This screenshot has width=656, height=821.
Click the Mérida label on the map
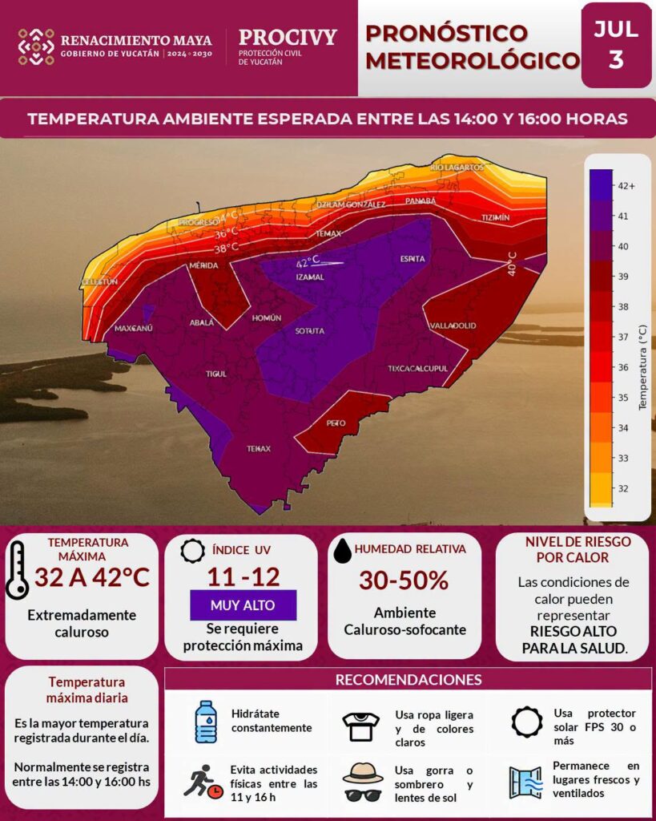[203, 265]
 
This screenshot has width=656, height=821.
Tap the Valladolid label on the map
[453, 326]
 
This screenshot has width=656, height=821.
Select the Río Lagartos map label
[457, 168]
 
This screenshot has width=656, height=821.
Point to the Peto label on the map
[336, 423]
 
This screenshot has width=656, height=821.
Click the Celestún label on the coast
[99, 281]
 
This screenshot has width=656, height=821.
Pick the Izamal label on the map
[310, 277]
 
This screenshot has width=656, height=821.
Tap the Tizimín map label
[495, 217]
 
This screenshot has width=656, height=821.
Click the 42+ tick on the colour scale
[626, 186]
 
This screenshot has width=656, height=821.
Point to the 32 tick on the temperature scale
[623, 488]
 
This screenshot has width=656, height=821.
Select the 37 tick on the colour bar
[623, 338]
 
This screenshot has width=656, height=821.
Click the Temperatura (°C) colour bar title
[643, 367]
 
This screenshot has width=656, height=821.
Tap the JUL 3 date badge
[616, 45]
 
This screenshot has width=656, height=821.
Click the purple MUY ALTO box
[243, 605]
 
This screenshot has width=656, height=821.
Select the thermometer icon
[17, 570]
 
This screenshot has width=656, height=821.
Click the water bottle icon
[206, 722]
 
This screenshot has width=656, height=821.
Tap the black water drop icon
[342, 551]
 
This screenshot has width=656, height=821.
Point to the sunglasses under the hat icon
[363, 795]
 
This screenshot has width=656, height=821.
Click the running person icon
[203, 782]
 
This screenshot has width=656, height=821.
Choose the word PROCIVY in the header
[288, 37]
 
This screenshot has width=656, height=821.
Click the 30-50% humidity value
[404, 580]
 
